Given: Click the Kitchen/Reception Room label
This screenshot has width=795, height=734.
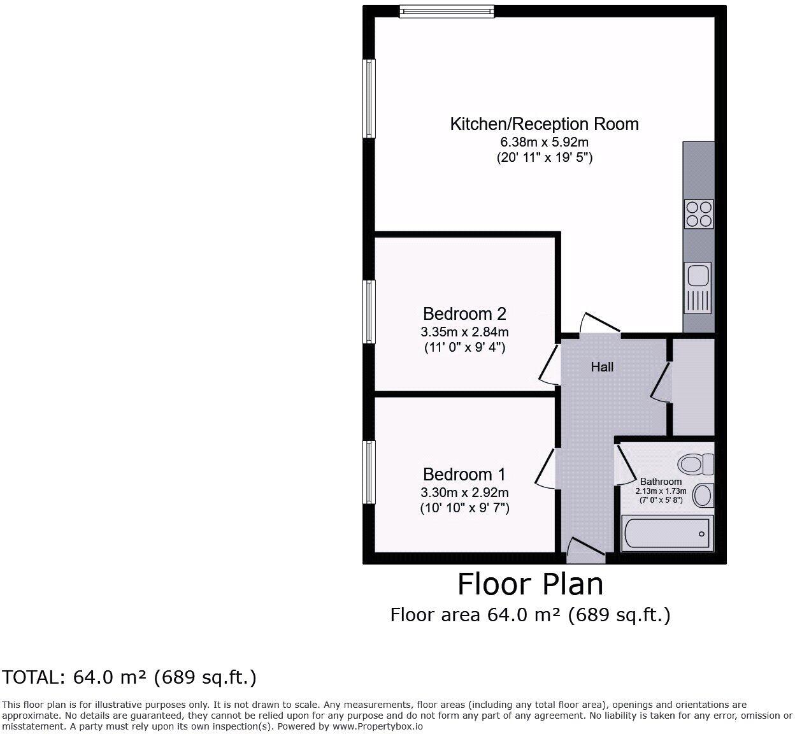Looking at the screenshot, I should point(544,124).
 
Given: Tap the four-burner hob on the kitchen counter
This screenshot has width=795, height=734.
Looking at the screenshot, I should point(698,214).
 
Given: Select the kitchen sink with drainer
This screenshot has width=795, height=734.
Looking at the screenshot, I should point(698,288).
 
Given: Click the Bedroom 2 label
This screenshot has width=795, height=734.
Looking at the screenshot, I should point(464,313).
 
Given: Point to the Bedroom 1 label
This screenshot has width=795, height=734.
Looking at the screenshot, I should point(464,475).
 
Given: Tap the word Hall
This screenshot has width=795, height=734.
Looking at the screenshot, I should point(602,367).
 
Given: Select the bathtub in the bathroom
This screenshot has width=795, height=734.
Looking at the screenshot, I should point(666,533).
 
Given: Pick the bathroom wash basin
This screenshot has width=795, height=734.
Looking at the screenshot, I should point(703,495).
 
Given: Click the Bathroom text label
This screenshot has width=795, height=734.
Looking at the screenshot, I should point(661,482).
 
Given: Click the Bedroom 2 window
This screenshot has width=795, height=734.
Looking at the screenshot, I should point(368,312).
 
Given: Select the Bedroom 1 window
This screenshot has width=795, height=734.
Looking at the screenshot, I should point(368,472).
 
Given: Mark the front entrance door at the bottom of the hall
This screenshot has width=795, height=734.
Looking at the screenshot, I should point(585,549).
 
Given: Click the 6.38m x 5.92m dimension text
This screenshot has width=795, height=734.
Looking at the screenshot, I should point(544,142).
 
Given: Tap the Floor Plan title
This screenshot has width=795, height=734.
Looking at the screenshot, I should point(530,584).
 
